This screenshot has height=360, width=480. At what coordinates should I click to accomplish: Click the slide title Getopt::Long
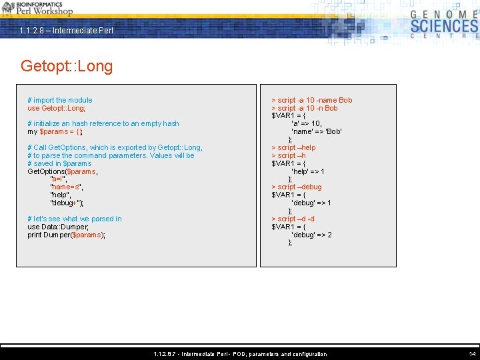[67, 66]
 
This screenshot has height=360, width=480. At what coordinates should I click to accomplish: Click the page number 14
[472, 354]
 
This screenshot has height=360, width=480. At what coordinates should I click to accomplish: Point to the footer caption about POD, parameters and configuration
[240, 354]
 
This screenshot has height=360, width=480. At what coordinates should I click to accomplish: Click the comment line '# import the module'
[60, 100]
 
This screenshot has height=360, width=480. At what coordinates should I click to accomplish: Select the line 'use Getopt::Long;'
[57, 108]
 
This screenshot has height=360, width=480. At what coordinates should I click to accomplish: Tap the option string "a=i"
[59, 179]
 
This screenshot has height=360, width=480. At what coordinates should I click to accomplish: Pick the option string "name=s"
[67, 187]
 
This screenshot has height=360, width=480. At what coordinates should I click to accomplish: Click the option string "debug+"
[67, 203]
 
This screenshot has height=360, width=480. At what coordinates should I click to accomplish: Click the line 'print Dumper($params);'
[67, 235]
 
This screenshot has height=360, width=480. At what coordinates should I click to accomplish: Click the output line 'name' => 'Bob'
[317, 131]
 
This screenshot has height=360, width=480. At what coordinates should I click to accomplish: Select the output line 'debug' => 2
[311, 235]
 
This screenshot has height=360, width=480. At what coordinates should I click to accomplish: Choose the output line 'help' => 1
[308, 171]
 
